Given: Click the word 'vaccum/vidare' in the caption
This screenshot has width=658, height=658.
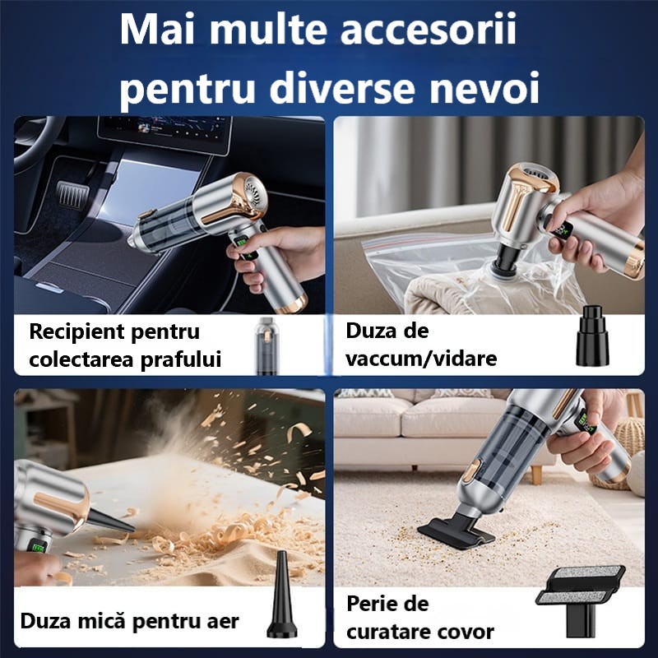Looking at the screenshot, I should tap(421, 359).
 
